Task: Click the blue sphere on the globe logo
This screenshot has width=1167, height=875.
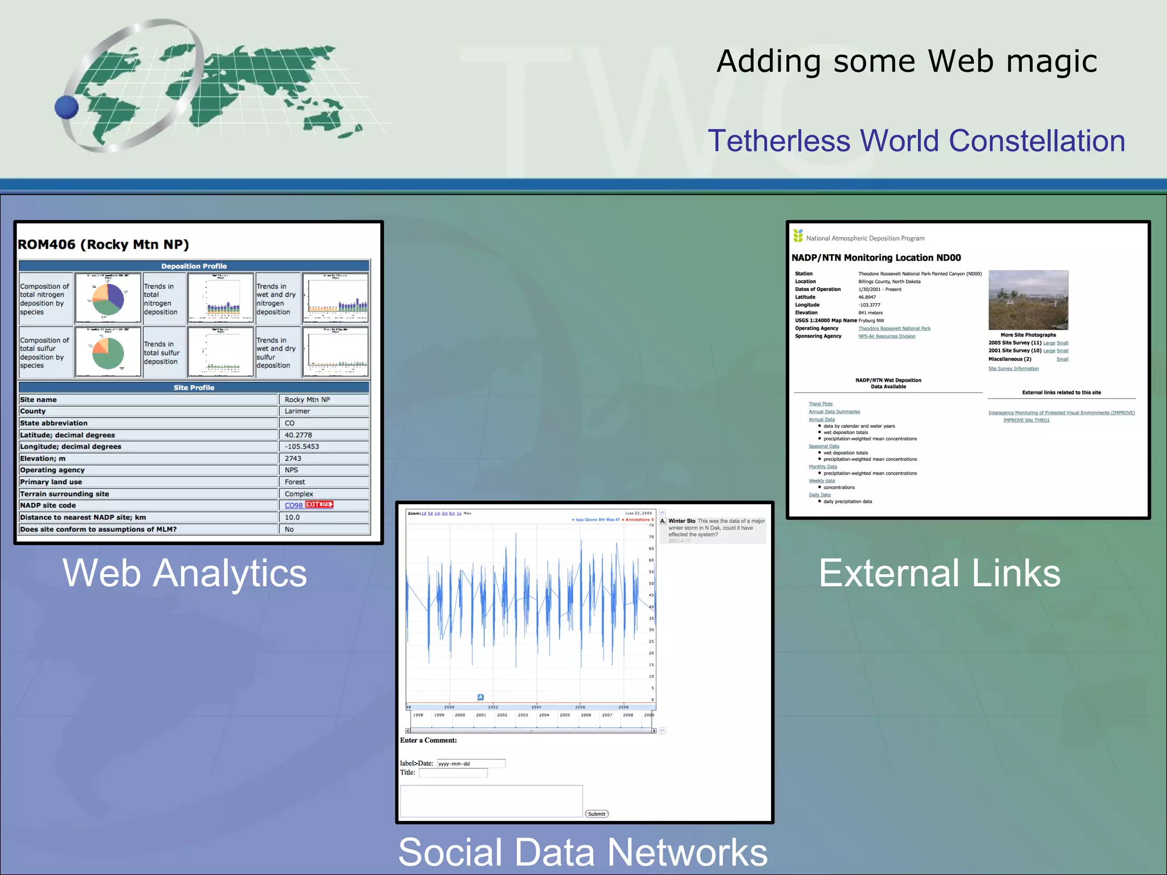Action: pos(67,107)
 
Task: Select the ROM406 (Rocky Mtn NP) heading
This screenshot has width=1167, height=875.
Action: pos(103,244)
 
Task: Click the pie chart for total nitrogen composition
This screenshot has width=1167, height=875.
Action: pos(108,299)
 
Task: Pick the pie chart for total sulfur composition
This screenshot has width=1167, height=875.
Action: pos(108,352)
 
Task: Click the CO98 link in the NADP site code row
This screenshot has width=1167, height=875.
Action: pos(293,505)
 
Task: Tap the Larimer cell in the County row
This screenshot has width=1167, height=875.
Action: pos(297,411)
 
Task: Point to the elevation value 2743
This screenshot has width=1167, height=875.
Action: pos(293,459)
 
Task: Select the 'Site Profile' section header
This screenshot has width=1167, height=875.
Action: pos(194,387)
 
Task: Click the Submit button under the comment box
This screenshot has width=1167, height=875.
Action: pos(597,814)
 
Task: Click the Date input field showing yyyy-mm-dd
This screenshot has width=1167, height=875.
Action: pos(471,763)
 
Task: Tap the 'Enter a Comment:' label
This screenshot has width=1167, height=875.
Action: pos(429,741)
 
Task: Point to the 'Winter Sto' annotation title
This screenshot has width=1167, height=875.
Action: pos(682,521)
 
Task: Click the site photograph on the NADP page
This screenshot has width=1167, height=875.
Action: pos(1028,300)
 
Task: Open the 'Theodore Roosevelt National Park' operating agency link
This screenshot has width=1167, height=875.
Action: pos(894,329)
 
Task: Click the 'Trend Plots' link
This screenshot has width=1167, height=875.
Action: pos(820,404)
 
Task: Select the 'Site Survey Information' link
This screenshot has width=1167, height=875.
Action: pos(1013,369)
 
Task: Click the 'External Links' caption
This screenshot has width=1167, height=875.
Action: pos(940,573)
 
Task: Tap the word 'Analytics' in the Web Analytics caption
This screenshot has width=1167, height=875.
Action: pos(230,573)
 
